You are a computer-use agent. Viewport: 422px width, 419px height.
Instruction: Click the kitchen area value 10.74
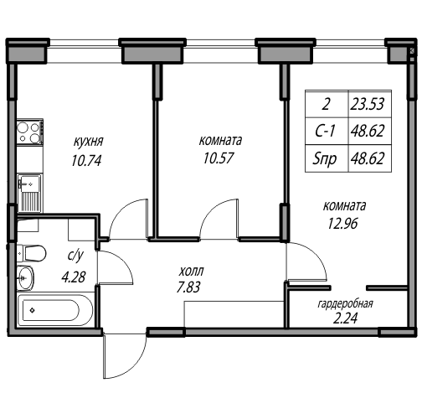tap(86, 161)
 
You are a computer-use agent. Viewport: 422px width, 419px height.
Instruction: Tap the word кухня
tap(88, 142)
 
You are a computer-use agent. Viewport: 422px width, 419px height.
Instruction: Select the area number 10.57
tap(219, 158)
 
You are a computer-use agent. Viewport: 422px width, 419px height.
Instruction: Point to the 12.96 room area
tap(342, 224)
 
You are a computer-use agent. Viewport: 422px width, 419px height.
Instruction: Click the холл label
tap(192, 271)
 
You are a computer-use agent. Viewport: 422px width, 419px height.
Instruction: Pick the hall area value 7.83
tap(188, 287)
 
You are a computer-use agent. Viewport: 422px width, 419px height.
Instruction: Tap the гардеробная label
tap(345, 304)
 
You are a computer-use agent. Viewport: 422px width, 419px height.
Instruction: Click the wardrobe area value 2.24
tap(345, 318)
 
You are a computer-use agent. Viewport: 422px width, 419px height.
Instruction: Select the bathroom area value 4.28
tap(74, 277)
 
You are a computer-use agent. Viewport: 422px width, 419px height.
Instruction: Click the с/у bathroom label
tap(75, 256)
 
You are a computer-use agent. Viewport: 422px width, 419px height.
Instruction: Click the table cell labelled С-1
tap(325, 131)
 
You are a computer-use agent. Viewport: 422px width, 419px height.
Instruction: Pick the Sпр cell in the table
tap(325, 159)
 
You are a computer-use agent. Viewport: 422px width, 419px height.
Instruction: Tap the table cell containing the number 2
tap(326, 104)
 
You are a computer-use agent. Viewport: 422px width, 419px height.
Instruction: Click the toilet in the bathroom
tap(31, 253)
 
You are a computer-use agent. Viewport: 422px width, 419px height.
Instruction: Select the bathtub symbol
tap(54, 310)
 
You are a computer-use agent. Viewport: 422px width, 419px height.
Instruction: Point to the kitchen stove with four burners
tap(30, 132)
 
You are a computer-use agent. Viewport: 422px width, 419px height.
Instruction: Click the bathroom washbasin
tap(25, 278)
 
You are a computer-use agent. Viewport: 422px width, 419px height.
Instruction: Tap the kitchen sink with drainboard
tap(29, 193)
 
